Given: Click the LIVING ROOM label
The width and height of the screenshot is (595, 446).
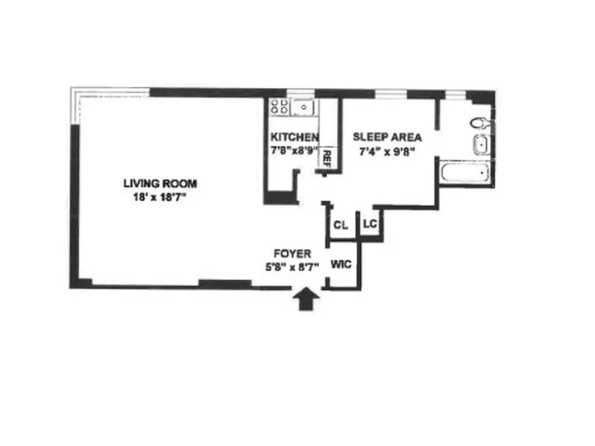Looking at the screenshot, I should point(160,183).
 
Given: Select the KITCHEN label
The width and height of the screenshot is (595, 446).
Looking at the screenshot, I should point(294,137).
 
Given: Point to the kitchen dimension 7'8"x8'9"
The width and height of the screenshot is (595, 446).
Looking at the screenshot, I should point(294,151).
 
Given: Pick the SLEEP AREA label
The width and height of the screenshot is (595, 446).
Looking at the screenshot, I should point(387,137).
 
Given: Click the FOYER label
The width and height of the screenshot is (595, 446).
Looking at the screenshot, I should point(292,254).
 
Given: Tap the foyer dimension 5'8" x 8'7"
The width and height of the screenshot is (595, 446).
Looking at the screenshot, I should point(292,266).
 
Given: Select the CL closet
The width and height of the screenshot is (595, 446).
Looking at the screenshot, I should point(341,225).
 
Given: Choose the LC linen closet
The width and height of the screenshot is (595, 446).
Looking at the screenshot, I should point(370,224).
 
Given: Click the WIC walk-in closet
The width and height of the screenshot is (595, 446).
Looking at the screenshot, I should point(341,264).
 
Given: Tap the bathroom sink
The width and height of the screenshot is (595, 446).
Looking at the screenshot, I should point(480,145).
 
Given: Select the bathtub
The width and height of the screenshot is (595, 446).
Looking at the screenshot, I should point(465,173).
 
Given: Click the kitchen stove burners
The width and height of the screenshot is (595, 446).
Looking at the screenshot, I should point(278,106).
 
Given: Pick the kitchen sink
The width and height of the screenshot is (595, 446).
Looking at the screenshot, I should point(303,106).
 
